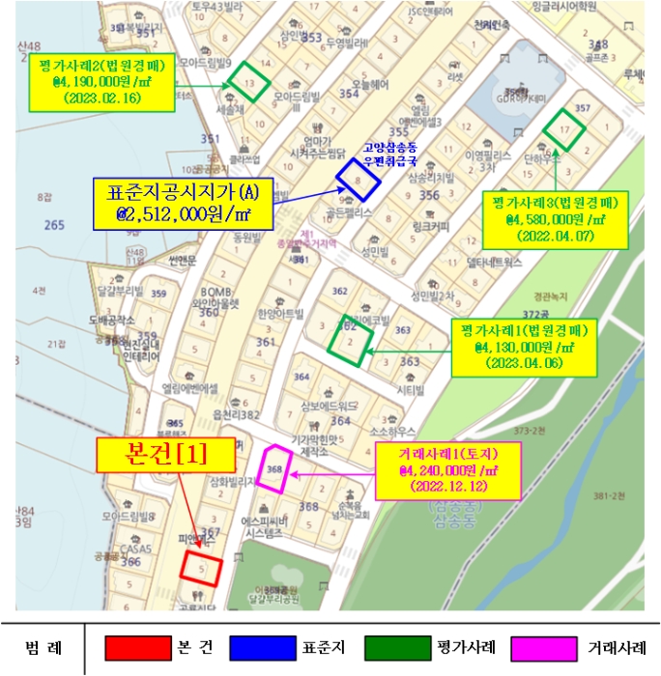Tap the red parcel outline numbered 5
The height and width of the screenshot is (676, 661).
point(202,567)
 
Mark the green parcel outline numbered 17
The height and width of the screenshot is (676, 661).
point(565,129)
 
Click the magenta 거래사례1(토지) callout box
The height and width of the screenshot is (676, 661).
point(447,470)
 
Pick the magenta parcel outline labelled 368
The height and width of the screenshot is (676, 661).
point(273,469)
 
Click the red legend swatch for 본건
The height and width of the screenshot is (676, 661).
point(131,647)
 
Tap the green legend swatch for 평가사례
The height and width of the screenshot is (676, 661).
point(389,647)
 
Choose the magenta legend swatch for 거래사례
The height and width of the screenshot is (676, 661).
point(537,647)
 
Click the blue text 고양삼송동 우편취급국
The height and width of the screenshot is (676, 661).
point(390,155)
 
